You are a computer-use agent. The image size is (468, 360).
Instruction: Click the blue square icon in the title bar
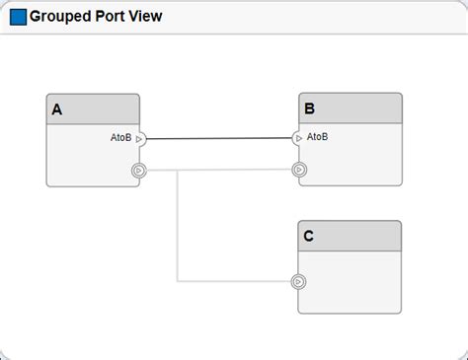tap(18, 17)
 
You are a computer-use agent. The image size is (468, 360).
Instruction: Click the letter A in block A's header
tap(57, 110)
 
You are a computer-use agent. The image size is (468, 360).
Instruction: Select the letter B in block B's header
tap(310, 109)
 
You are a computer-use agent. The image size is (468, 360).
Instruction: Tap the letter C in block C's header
tap(309, 237)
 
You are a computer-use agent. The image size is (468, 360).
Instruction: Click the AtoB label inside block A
tap(120, 138)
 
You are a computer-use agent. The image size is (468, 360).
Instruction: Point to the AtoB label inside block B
tap(318, 137)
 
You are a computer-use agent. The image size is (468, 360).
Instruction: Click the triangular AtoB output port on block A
tap(139, 139)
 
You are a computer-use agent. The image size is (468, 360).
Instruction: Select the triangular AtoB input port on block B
tap(299, 138)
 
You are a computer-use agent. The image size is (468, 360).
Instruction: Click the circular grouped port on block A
tap(139, 171)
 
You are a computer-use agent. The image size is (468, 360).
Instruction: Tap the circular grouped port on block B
tap(299, 170)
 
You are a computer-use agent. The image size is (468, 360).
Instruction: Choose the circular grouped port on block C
tap(298, 282)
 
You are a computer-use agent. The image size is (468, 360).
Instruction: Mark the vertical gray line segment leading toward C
tap(178, 227)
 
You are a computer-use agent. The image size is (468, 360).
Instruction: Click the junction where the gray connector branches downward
tap(178, 171)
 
